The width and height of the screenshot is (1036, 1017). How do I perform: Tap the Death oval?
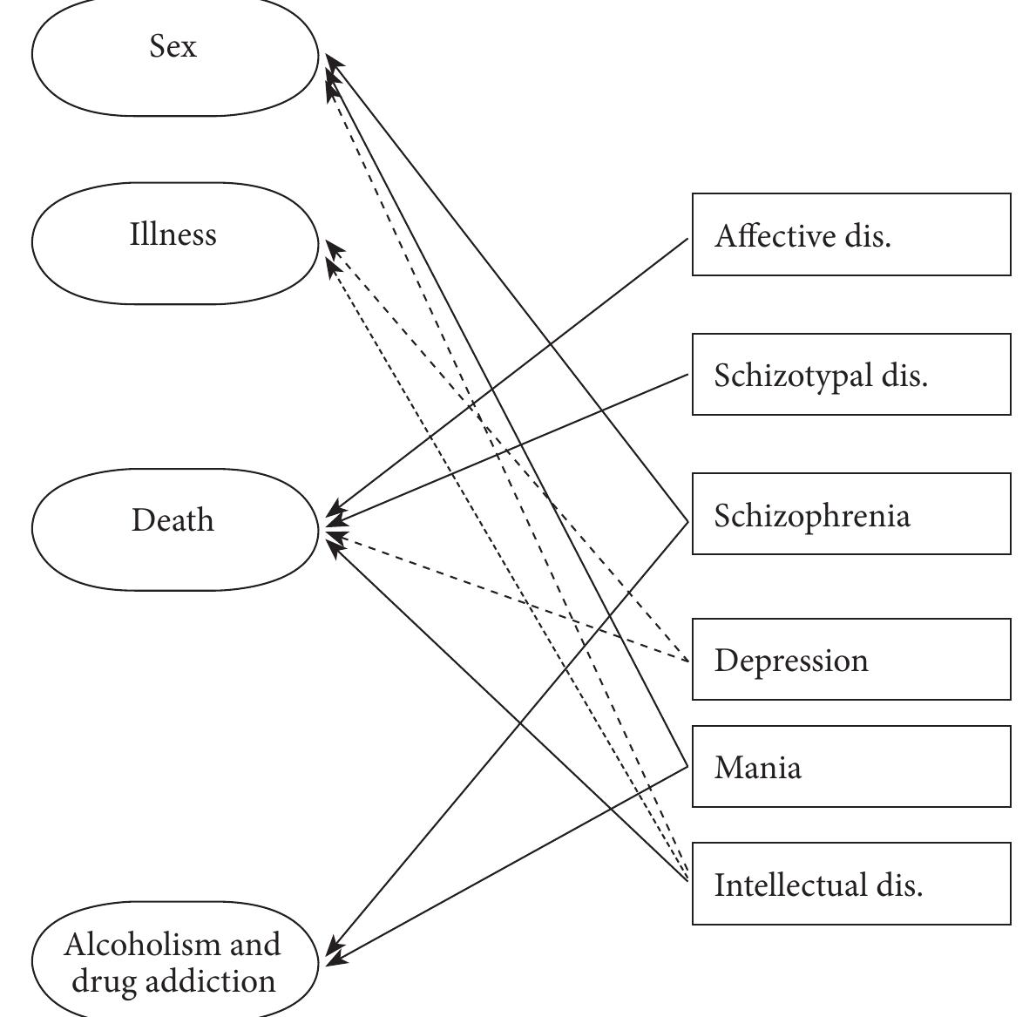pos(175,528)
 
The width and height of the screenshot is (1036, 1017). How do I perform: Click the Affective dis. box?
pos(851,234)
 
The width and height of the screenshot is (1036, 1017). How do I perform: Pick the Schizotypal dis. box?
pos(851,374)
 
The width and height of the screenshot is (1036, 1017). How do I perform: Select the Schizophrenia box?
pos(851,514)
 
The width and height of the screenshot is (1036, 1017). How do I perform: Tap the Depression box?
pos(851,660)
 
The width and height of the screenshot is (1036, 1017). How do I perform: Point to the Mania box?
pos(851,766)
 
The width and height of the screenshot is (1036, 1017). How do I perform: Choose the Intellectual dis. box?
pos(851,884)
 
